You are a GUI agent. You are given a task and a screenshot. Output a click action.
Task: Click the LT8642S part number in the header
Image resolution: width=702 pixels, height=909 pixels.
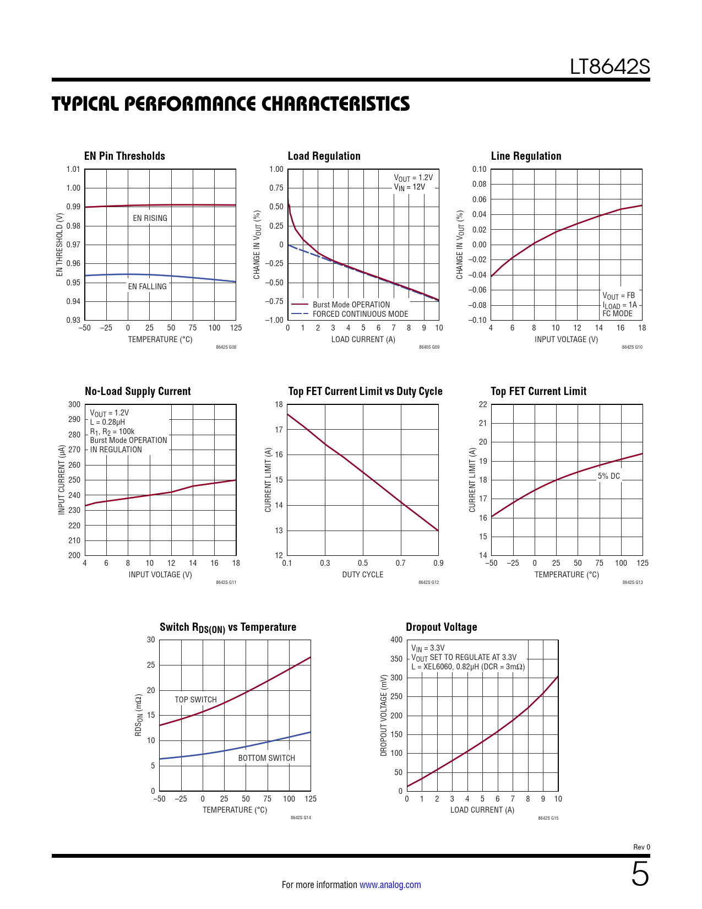coord(610,67)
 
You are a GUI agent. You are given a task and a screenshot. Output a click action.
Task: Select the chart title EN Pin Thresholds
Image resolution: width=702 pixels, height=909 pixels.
coord(124,156)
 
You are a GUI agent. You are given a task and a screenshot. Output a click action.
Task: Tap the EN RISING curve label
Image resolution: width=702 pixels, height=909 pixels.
coord(150,218)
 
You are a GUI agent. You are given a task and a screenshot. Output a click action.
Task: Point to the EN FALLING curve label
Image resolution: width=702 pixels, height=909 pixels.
coord(147,286)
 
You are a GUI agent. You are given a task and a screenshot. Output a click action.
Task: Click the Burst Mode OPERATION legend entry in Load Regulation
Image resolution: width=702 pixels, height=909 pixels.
coord(351,305)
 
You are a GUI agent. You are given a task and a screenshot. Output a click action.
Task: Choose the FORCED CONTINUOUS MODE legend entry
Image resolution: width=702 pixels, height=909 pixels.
coord(360,314)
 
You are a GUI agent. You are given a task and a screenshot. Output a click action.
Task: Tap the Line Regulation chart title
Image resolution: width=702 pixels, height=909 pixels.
coord(526,156)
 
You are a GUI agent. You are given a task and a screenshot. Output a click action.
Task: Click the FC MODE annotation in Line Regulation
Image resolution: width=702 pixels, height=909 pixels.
coord(617,313)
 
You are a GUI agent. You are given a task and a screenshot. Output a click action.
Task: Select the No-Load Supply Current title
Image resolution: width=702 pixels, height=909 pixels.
coord(138,391)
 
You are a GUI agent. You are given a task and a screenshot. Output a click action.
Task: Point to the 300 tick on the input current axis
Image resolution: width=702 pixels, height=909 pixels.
coord(74,404)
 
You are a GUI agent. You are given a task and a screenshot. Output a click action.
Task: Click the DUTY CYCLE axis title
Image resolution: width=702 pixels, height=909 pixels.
coord(362,575)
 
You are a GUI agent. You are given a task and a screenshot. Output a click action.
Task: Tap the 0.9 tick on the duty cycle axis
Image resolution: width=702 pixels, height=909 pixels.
coord(438,563)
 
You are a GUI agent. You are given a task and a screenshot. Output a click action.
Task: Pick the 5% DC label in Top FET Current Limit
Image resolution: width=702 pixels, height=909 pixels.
coord(608,476)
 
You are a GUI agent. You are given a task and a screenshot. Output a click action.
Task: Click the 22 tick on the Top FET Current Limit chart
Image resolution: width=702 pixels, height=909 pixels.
coord(483,404)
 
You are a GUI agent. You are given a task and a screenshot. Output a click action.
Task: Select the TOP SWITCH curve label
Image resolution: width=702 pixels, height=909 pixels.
coord(195,700)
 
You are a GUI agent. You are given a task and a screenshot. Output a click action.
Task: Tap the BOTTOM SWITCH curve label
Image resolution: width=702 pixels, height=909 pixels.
coord(266,758)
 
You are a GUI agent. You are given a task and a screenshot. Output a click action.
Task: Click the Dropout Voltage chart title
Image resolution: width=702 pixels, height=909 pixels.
coord(441,627)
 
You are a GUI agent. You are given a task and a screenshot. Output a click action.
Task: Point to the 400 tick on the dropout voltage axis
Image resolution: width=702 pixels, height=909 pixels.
coord(396,640)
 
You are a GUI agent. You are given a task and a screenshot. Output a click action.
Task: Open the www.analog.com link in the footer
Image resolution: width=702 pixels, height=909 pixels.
coord(390,885)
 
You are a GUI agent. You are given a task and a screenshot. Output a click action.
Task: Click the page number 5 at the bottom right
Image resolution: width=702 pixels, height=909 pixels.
coord(640,874)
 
